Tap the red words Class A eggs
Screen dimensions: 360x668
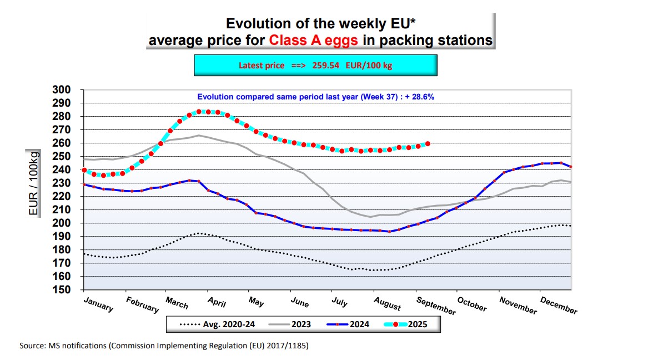coord(313,40)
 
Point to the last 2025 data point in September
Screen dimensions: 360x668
coord(428,144)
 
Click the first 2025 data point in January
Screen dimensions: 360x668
coord(84,170)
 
